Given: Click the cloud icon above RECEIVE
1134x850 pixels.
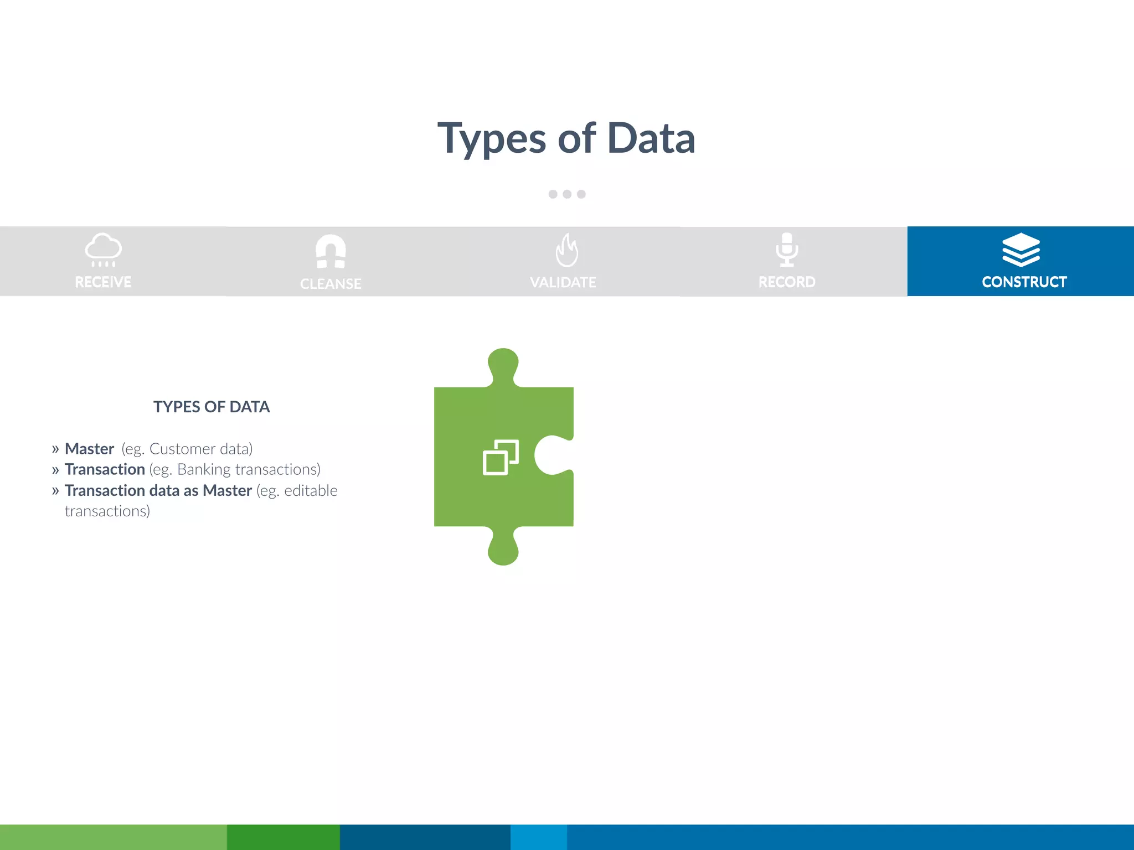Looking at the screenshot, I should point(103,250).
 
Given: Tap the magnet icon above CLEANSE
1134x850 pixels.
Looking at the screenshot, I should point(331,251).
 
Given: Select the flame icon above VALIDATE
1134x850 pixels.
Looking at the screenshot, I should point(566,250).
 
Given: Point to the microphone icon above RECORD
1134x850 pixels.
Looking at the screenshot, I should point(787,250).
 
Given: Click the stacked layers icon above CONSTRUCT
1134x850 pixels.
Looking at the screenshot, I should point(1021,250).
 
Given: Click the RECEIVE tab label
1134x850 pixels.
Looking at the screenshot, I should point(103,282).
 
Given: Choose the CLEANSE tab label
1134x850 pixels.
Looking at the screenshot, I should point(331,284).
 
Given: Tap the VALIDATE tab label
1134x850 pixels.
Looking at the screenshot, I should point(563,282).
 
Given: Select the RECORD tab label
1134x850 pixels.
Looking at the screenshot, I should point(787,282).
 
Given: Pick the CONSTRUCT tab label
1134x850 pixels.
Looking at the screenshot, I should point(1024,282).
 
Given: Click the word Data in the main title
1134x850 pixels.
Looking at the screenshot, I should point(651,138).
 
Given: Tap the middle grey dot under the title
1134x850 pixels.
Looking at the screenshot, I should point(567,194).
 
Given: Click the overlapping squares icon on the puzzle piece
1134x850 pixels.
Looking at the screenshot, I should point(501,457).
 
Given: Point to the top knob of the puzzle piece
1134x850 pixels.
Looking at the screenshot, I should point(503,364).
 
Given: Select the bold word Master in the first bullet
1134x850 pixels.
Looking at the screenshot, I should point(89,449).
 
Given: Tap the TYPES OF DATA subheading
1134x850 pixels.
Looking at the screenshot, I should point(212,407).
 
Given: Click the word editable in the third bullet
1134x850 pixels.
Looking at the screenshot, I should point(311,491).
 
